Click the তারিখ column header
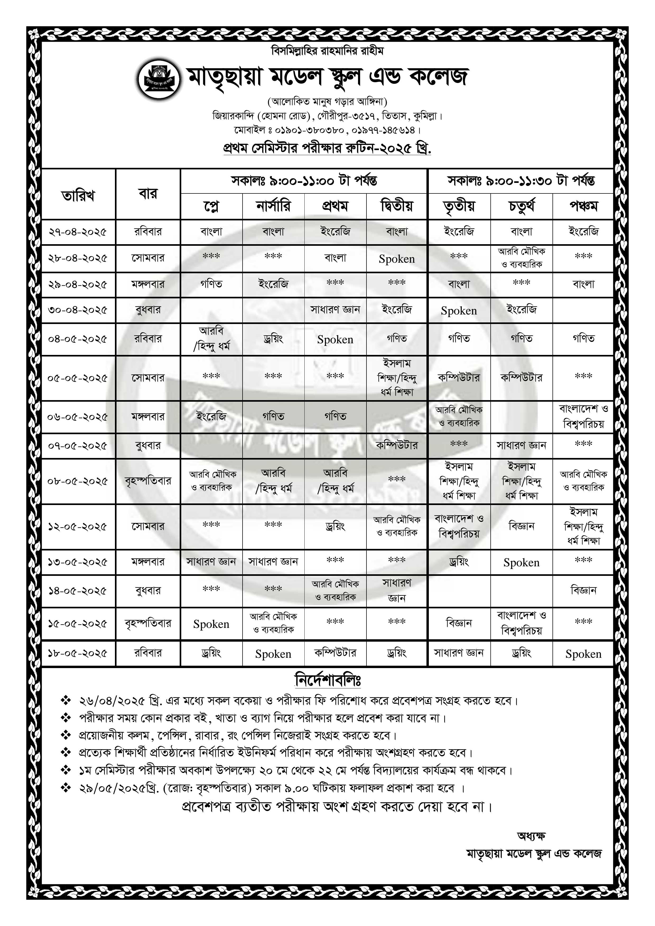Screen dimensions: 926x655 click(78, 196)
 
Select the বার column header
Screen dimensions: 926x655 click(148, 194)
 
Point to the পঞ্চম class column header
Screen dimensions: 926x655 click(583, 206)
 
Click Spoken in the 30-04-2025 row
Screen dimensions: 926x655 click(459, 311)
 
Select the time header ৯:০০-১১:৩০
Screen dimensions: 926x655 click(521, 181)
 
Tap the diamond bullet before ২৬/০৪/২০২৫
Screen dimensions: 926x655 click(65, 701)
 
